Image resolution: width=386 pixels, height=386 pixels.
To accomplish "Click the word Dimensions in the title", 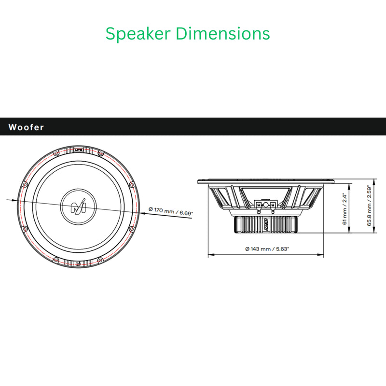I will click(222, 33).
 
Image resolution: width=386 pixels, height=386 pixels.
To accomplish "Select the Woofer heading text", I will click(26, 127).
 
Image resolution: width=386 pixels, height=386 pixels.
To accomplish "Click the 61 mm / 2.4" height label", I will click(345, 209).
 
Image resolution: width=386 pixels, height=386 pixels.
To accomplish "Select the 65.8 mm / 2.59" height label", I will click(370, 206).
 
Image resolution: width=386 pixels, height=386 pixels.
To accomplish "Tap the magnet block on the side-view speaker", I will click(266, 225).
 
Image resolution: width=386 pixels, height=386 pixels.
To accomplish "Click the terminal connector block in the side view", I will click(266, 205).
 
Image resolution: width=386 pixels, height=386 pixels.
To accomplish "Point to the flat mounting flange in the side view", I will click(266, 181).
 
